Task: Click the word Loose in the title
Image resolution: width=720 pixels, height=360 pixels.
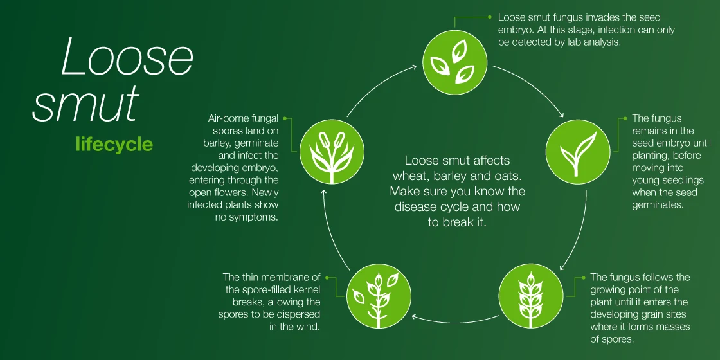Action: [x=127, y=57]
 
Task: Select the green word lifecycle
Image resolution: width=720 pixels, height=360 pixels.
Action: [x=114, y=144]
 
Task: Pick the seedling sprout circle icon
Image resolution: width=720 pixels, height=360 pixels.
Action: [x=578, y=152]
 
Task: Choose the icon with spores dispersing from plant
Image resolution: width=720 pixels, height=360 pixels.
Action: [x=379, y=296]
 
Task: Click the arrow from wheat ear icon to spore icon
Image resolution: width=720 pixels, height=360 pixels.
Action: [x=455, y=320]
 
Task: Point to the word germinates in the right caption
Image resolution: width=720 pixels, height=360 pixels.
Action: [x=658, y=205]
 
